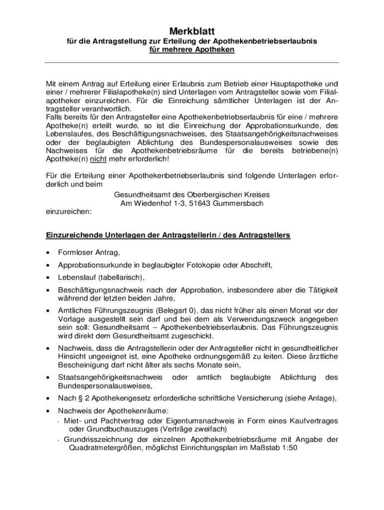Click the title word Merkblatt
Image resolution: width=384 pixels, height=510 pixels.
pos(192,31)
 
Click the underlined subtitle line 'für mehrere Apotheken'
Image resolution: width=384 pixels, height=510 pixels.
pos(192,50)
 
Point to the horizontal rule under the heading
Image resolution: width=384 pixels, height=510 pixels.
pos(192,62)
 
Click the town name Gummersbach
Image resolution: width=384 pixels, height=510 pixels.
pos(239,203)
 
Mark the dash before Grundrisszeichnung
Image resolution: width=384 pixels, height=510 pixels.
pos(59,440)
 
